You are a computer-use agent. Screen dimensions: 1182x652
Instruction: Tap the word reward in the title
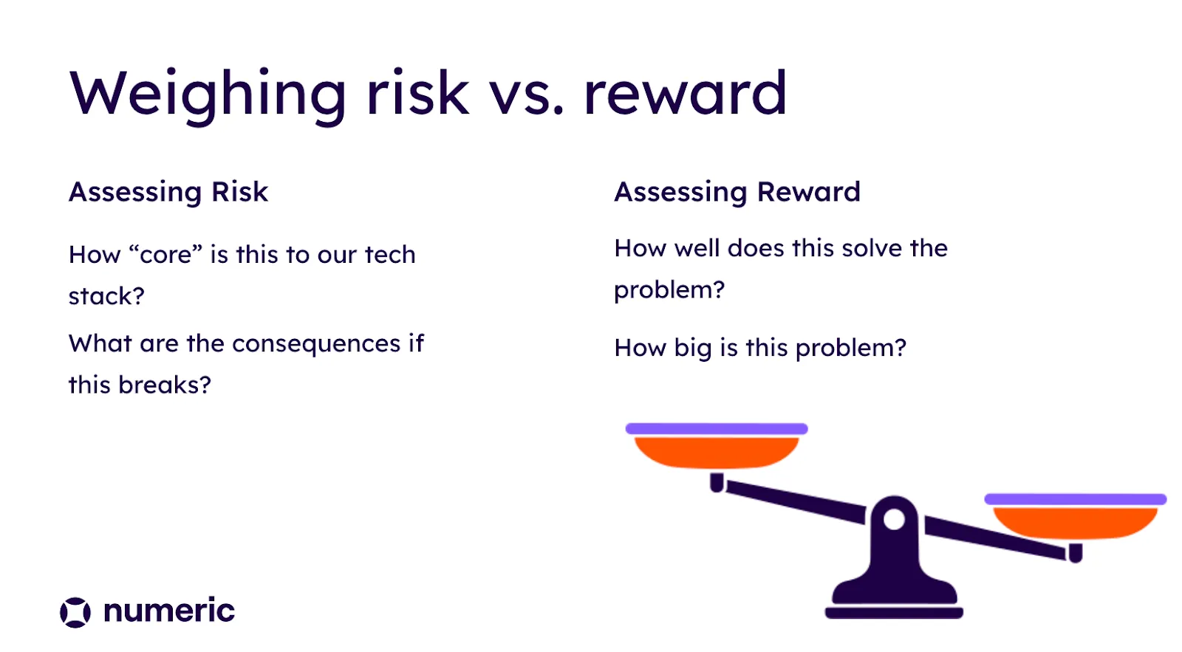tap(686, 93)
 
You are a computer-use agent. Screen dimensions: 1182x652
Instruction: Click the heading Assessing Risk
tap(168, 192)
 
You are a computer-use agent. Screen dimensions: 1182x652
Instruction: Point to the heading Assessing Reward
tap(737, 192)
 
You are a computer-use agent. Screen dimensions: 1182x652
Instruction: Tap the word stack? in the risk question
tap(106, 296)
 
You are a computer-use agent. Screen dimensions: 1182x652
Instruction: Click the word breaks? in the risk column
tap(165, 385)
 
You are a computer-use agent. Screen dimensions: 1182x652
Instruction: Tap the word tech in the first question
tap(390, 254)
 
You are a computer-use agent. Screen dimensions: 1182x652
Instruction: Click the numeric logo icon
tap(75, 612)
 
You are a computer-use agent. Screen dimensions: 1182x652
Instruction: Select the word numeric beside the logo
tap(169, 611)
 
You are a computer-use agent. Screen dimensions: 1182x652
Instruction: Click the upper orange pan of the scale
tap(717, 453)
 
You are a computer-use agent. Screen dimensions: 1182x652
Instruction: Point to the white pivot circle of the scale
tap(895, 519)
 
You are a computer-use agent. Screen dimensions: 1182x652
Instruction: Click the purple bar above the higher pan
tap(717, 429)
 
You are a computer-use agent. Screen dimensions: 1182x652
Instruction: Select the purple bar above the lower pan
tap(1076, 499)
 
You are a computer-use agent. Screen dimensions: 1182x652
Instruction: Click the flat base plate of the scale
tap(895, 613)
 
